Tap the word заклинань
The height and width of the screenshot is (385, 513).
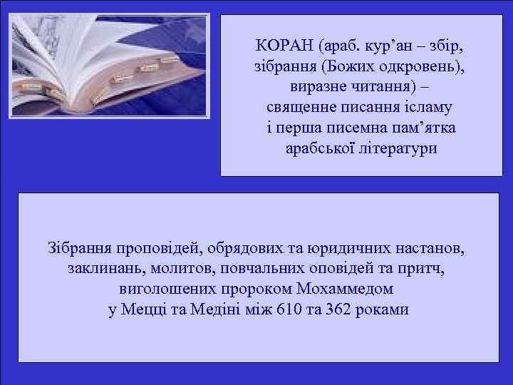(103, 270)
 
